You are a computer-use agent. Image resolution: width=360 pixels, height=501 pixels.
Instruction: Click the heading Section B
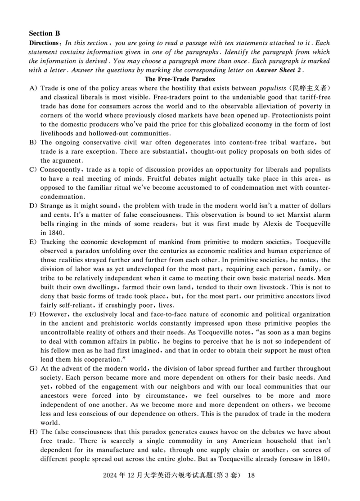coord(44,33)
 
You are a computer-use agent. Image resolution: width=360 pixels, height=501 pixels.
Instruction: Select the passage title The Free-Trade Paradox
coord(180,79)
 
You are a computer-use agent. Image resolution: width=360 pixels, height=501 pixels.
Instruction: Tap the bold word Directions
coord(44,43)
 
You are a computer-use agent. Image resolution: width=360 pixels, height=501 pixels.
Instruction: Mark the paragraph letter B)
coord(33,143)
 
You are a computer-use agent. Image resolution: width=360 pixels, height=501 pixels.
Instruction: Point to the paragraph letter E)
coord(33,242)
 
